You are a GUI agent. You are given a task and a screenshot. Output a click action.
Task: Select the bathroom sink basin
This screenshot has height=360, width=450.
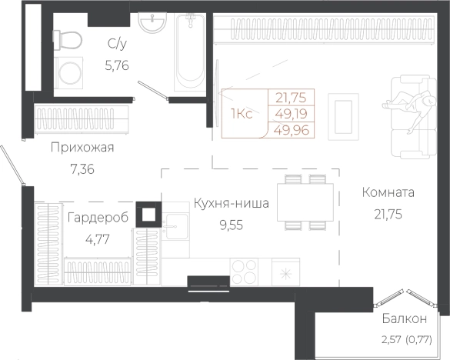pos(152,24)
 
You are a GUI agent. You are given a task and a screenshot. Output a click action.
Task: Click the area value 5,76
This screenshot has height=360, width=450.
pos(117,65)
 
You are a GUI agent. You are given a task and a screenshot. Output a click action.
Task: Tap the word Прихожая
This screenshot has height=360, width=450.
pos(82,148)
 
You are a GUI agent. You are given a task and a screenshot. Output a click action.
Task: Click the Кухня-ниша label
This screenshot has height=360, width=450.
pos(231,204)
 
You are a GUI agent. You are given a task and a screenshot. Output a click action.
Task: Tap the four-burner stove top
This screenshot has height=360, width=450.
pos(245,272)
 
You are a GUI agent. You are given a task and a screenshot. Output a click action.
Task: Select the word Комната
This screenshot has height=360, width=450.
pos(388,192)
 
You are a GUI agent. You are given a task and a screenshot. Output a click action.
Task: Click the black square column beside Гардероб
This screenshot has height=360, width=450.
pos(148,214)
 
